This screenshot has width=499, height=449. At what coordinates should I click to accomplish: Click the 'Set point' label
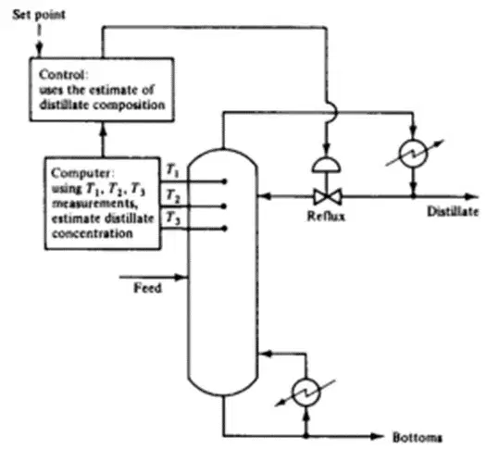39,15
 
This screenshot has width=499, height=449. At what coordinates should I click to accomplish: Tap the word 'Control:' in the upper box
63,75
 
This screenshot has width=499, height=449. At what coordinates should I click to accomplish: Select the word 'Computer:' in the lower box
82,174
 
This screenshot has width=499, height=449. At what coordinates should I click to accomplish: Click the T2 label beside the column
173,195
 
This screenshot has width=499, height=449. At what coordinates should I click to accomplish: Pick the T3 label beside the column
173,218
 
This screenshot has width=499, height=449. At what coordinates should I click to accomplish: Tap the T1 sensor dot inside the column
224,181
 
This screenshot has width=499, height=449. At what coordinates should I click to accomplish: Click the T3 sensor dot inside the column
224,229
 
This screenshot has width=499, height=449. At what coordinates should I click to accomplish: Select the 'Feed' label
148,288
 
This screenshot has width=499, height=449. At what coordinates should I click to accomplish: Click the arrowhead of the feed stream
181,277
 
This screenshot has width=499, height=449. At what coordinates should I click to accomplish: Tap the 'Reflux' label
326,216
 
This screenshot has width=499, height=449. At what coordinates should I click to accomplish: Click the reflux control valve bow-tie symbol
328,196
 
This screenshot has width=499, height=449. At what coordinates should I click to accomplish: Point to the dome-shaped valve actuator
326,165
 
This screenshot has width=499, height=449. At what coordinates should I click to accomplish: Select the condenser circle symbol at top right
413,153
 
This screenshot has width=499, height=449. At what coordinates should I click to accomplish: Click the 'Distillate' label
453,211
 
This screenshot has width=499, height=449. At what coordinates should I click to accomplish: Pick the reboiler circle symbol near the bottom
306,393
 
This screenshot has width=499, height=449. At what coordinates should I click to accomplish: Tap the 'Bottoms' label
418,438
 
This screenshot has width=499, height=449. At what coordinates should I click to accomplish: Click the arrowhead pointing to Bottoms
377,436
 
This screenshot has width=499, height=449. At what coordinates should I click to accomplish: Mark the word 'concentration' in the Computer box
93,233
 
